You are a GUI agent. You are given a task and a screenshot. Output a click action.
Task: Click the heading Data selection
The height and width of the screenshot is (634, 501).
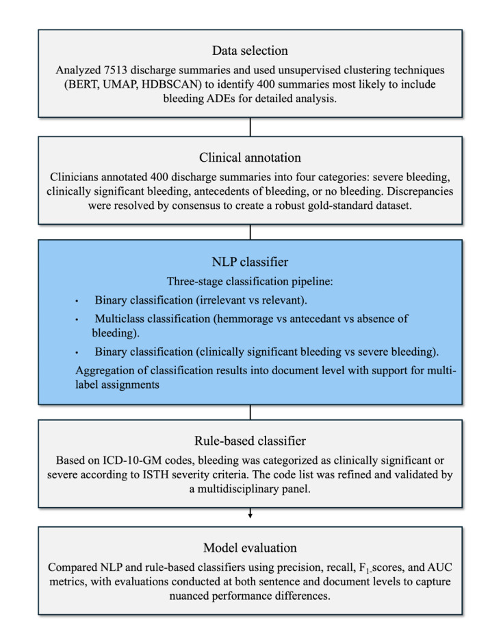pos(250,51)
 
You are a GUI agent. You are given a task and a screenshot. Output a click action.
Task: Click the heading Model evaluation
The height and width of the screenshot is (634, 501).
pos(250,548)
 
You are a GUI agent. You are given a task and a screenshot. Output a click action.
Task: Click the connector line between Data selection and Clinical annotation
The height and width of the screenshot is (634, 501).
pos(250,126)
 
